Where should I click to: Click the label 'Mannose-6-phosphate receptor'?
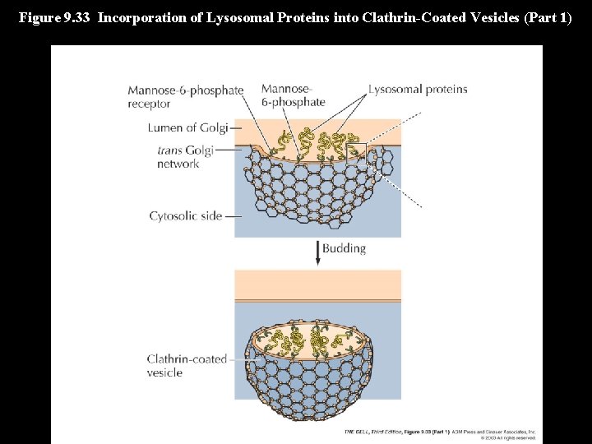(x=185, y=97)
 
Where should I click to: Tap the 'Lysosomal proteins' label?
(x=418, y=90)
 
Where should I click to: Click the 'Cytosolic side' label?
(x=186, y=216)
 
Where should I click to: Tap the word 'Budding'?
(x=344, y=248)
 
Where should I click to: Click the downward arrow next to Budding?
(x=317, y=252)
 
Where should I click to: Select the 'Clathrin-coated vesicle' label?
(x=187, y=366)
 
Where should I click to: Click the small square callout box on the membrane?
(x=356, y=154)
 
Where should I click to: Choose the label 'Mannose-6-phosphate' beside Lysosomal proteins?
(x=293, y=95)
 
